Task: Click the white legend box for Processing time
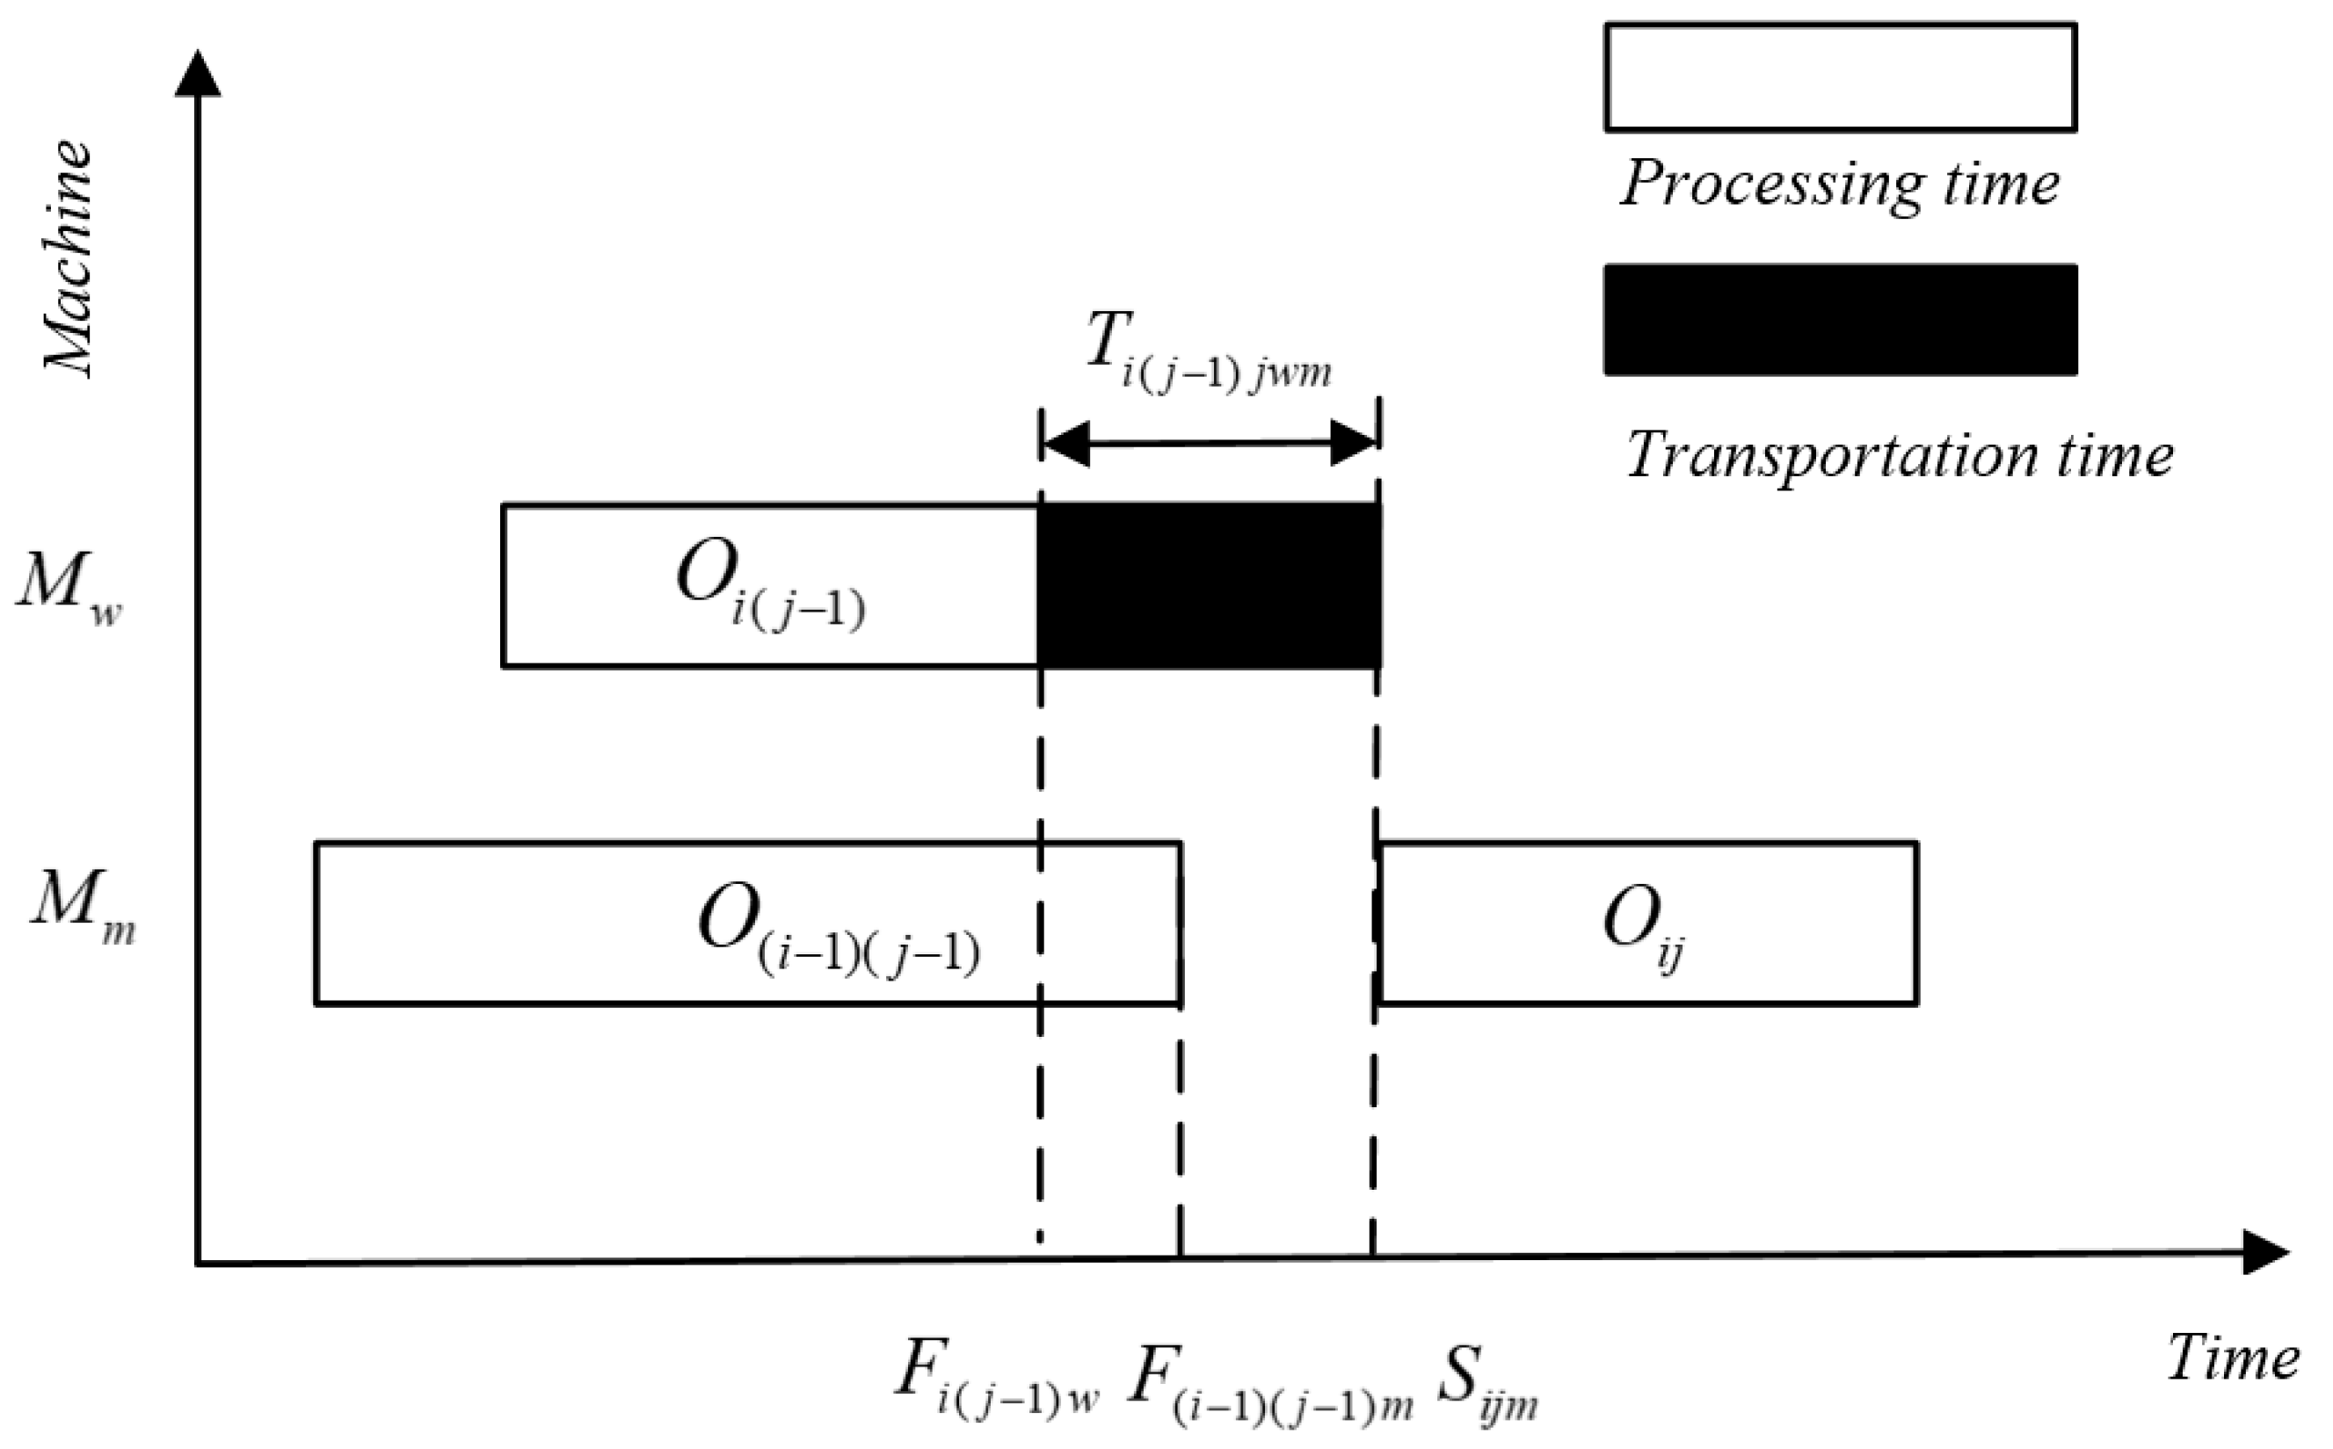pos(1841,77)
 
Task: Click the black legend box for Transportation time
pos(1841,320)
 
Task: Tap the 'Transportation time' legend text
pos(1899,454)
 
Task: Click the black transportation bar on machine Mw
pos(1209,584)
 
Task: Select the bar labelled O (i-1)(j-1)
pos(748,923)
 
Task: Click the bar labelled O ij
pos(1647,923)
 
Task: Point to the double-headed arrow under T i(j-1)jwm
pos(1210,443)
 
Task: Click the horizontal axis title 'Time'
pos(2233,1358)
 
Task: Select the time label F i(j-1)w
pos(997,1377)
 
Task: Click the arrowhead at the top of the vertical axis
pos(198,75)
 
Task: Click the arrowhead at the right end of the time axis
pos(2266,1252)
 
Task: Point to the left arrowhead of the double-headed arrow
pos(1065,444)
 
